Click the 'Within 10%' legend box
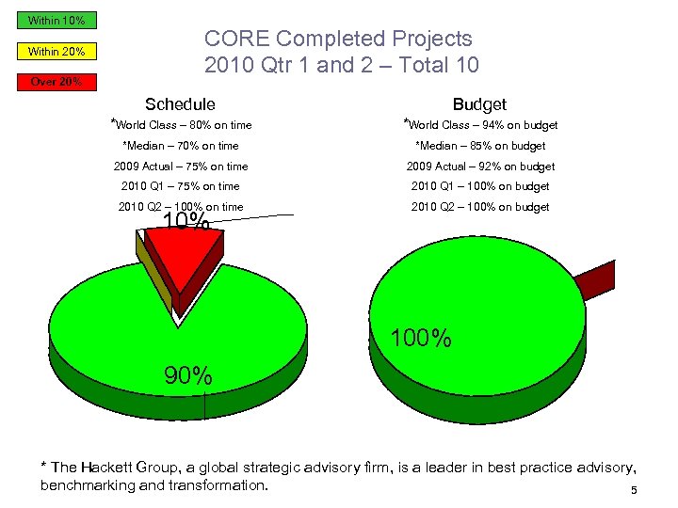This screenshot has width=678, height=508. tap(56, 20)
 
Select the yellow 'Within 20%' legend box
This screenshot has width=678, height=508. tap(56, 52)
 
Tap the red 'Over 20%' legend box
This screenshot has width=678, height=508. tap(56, 83)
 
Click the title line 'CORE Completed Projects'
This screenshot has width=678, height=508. tap(338, 39)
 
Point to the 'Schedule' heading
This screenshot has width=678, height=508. tap(180, 104)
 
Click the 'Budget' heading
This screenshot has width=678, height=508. tap(479, 104)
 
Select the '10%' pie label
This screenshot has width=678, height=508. tap(186, 221)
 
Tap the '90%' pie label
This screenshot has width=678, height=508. tap(188, 376)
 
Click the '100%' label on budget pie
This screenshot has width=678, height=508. tap(421, 337)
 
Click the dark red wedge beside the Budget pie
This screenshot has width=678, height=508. tap(594, 278)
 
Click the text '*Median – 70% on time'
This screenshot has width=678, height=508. tap(181, 146)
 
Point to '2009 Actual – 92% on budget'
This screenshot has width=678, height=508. tap(480, 167)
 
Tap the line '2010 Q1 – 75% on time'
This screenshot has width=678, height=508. tap(181, 186)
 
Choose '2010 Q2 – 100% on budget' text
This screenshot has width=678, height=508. tap(480, 207)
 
